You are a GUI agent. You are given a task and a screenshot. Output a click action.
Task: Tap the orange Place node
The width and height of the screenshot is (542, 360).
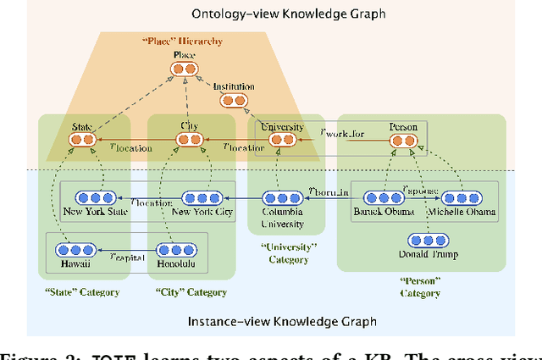(185, 68)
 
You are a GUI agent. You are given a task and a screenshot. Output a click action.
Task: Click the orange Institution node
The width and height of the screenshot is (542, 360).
(233, 101)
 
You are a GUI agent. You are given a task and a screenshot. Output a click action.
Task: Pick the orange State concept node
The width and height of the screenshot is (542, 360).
(82, 139)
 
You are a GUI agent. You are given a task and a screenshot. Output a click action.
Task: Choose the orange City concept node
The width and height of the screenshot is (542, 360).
(190, 139)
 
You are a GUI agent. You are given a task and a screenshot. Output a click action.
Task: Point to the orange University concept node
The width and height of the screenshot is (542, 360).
(282, 140)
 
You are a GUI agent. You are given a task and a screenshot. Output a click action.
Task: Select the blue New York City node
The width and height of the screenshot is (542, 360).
(202, 197)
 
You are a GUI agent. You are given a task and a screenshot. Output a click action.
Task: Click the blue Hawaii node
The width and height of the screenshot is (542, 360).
(74, 250)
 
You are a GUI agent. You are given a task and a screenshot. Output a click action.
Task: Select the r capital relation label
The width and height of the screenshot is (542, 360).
(128, 255)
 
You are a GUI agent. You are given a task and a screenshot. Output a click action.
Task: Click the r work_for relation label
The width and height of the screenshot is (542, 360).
(342, 133)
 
